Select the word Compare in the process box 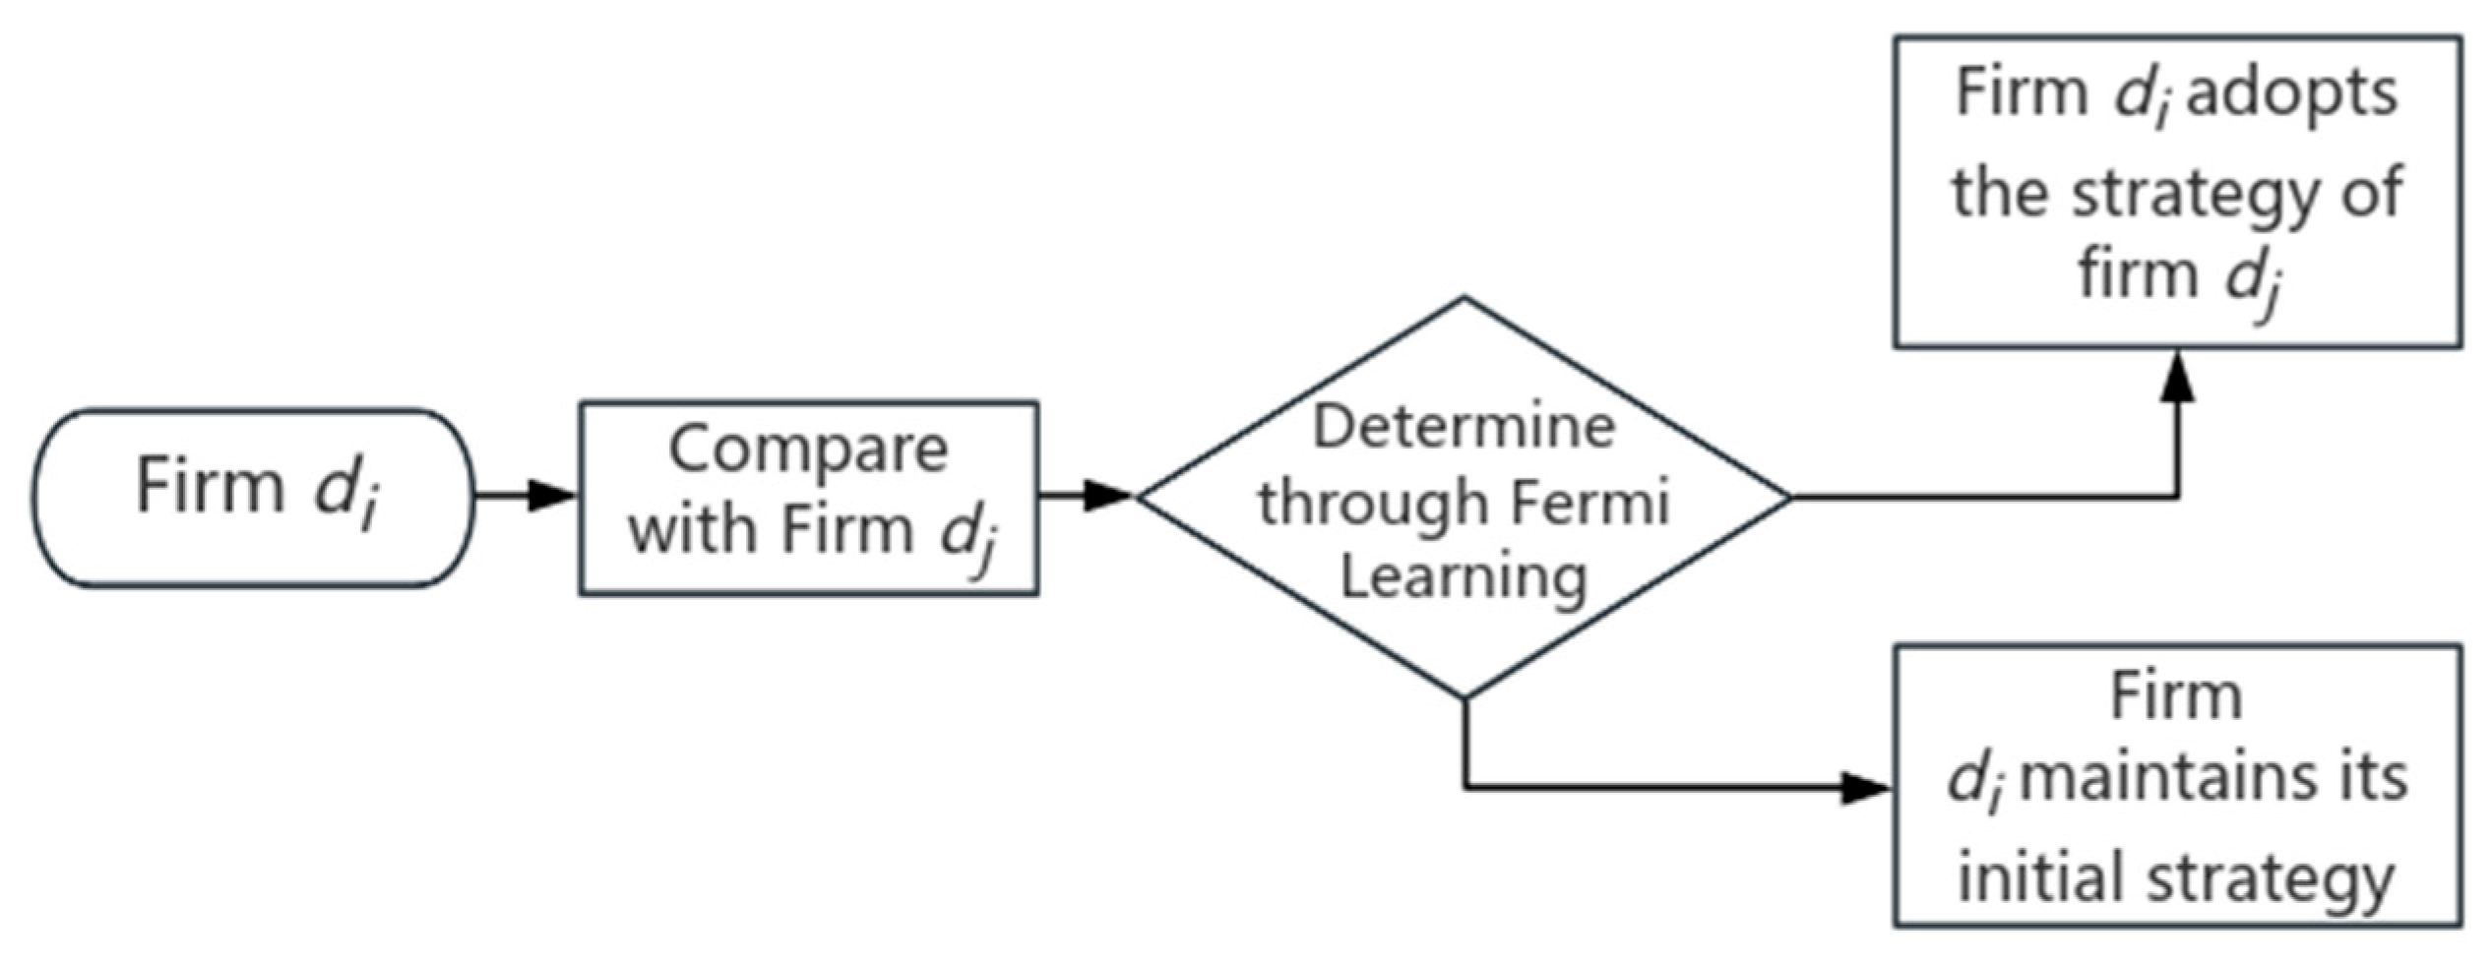point(807,450)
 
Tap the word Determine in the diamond point(1464,428)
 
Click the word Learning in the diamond point(1464,576)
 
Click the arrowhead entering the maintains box point(1865,788)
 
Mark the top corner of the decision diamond point(1464,298)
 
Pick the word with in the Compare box point(695,529)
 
